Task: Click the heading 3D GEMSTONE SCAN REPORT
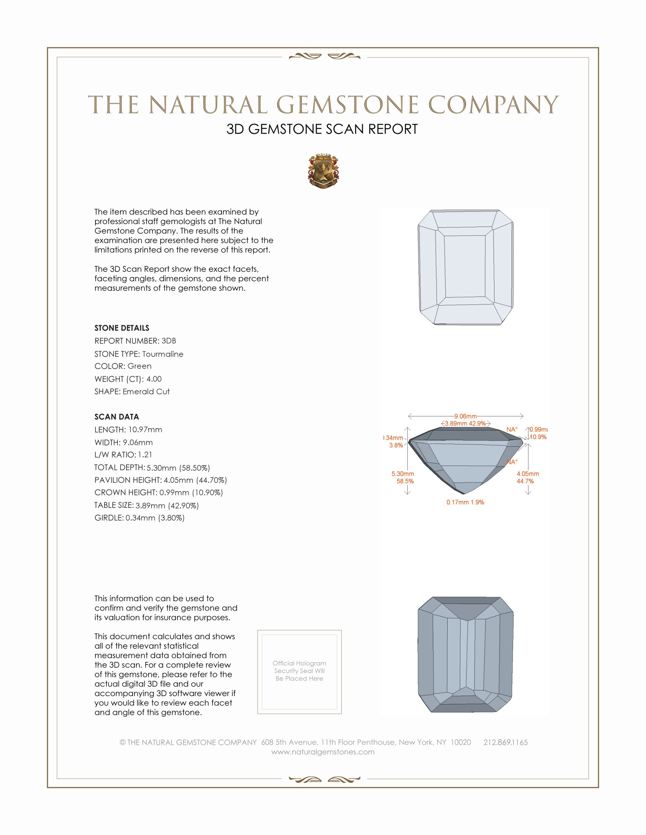(x=322, y=129)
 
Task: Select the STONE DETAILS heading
(x=122, y=328)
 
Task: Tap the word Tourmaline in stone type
(x=163, y=354)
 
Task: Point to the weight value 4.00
(x=154, y=379)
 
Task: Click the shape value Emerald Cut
(x=146, y=392)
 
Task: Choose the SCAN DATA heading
(x=117, y=417)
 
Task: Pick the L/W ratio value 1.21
(x=145, y=455)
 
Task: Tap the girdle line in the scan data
(x=139, y=518)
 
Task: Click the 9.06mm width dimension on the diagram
(x=465, y=416)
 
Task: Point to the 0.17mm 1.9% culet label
(x=465, y=502)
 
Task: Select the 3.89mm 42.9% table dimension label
(x=465, y=423)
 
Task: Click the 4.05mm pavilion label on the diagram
(x=527, y=474)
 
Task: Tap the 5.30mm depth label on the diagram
(x=402, y=474)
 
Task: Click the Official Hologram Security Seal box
(x=299, y=672)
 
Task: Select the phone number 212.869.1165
(x=505, y=742)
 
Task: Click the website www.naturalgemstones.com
(x=323, y=751)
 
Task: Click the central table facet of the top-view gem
(x=465, y=266)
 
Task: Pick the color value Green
(x=139, y=366)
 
